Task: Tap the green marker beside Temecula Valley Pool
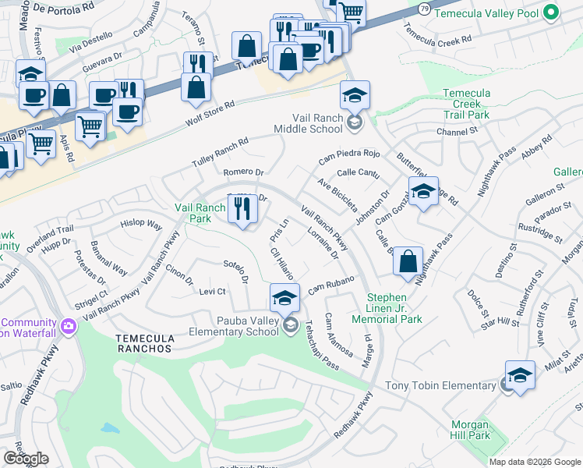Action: tap(551, 12)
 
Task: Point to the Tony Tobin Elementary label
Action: tap(441, 386)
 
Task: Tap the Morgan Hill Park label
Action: tap(470, 431)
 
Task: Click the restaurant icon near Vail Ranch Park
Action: tap(242, 209)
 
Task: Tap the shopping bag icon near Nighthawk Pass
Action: tap(408, 262)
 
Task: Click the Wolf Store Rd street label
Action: tap(210, 114)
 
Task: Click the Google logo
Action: tap(26, 459)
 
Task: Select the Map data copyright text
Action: tap(535, 462)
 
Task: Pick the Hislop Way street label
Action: tap(141, 225)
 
